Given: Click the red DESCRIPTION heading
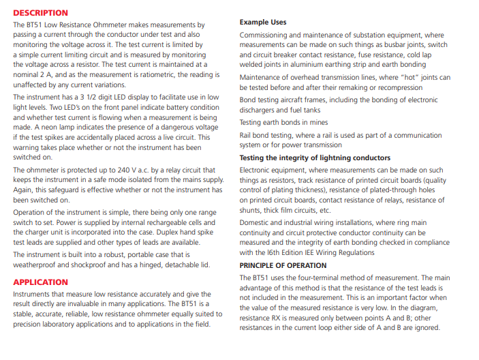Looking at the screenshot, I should tap(41, 12).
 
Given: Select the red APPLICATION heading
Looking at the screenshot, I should tap(41, 282).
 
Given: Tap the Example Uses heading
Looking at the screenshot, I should tap(263, 22).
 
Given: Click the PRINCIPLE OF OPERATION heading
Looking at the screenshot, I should tap(283, 265).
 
